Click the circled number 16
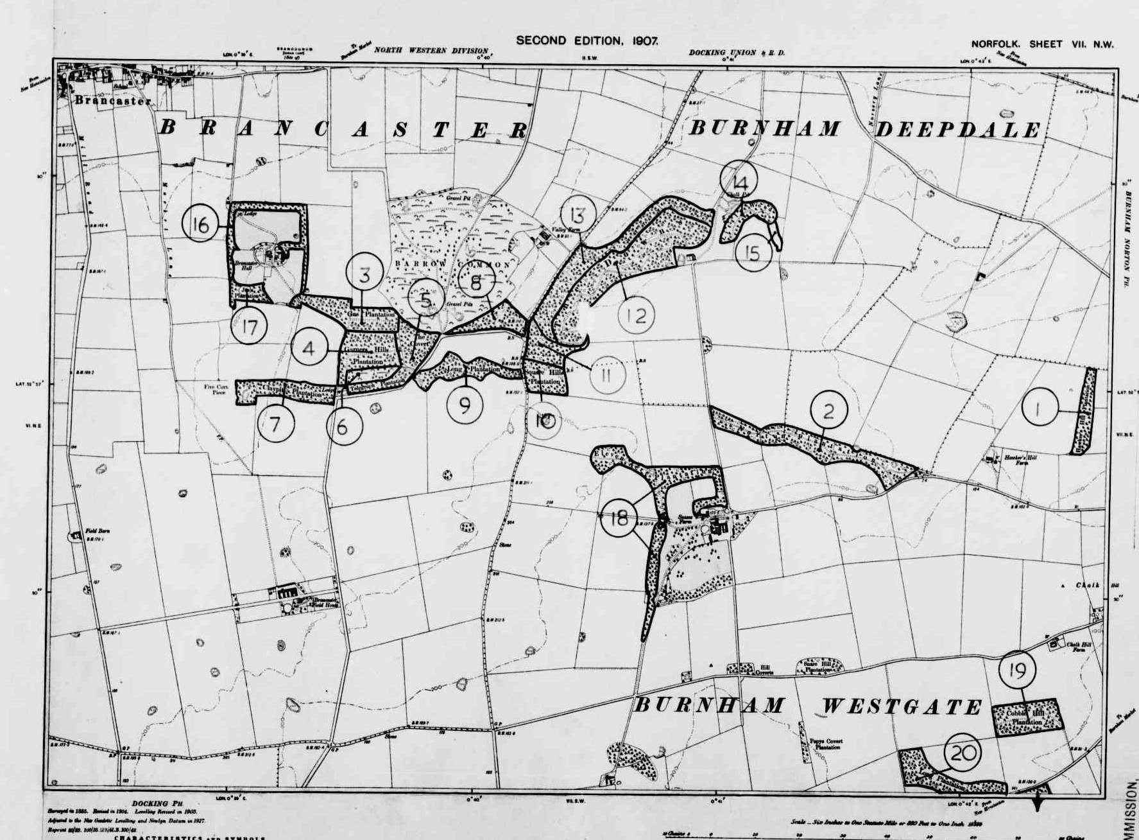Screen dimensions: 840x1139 [201, 225]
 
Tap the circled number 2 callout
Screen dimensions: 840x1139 [828, 410]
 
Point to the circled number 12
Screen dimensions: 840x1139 [636, 315]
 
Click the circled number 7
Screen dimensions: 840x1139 [275, 425]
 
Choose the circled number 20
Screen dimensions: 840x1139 [964, 753]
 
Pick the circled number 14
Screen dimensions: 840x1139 [739, 180]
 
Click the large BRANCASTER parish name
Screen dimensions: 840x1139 [343, 129]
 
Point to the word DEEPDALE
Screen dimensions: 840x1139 [957, 130]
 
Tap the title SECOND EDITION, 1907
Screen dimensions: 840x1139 [587, 40]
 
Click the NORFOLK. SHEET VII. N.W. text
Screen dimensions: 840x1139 [1042, 44]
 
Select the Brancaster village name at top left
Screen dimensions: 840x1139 [113, 101]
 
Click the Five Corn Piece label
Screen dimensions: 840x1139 [215, 389]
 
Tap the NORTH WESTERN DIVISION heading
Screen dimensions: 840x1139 [431, 50]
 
